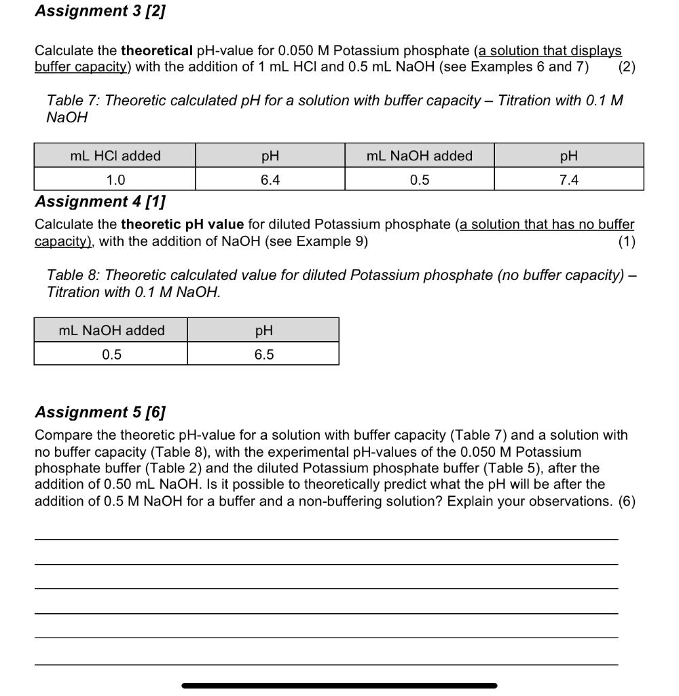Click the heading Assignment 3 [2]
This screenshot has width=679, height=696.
[x=100, y=11]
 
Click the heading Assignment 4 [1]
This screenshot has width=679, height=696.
[x=100, y=201]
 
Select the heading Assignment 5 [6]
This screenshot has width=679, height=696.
[x=100, y=412]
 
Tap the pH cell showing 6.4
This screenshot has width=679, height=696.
[x=270, y=179]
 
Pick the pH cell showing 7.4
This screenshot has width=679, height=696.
[x=569, y=179]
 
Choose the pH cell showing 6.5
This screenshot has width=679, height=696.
[x=263, y=354]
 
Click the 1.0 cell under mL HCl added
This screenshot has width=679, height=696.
[x=115, y=179]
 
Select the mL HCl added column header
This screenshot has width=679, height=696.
[x=115, y=156]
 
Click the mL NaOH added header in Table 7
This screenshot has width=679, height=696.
[x=420, y=156]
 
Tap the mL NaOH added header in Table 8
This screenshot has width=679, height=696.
[x=112, y=330]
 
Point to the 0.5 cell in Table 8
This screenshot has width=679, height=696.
[x=112, y=354]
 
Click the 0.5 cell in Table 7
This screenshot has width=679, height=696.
[x=420, y=179]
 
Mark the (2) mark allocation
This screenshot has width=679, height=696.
[x=627, y=67]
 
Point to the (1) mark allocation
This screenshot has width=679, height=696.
[x=627, y=241]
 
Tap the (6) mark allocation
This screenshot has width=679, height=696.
[x=627, y=501]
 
